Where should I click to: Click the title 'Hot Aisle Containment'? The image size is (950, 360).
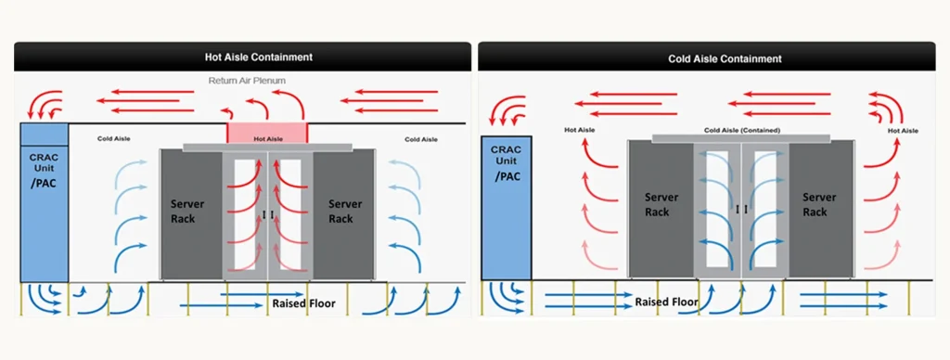coord(259,57)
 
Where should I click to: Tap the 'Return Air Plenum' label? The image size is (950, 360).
coord(247,81)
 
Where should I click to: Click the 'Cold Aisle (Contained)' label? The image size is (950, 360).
coord(742,131)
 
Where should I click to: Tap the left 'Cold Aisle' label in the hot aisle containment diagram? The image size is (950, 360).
coord(114,139)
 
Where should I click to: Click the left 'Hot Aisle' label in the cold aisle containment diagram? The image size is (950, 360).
coord(580,131)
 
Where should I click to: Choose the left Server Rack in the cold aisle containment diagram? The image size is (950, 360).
coord(661,205)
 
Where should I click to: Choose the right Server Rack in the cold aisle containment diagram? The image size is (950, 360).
coord(819,205)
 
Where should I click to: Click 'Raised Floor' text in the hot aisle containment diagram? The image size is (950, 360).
coord(303,303)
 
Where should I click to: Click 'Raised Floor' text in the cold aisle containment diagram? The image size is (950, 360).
coord(666,302)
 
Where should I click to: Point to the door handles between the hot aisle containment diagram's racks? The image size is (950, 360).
coord(268,215)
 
